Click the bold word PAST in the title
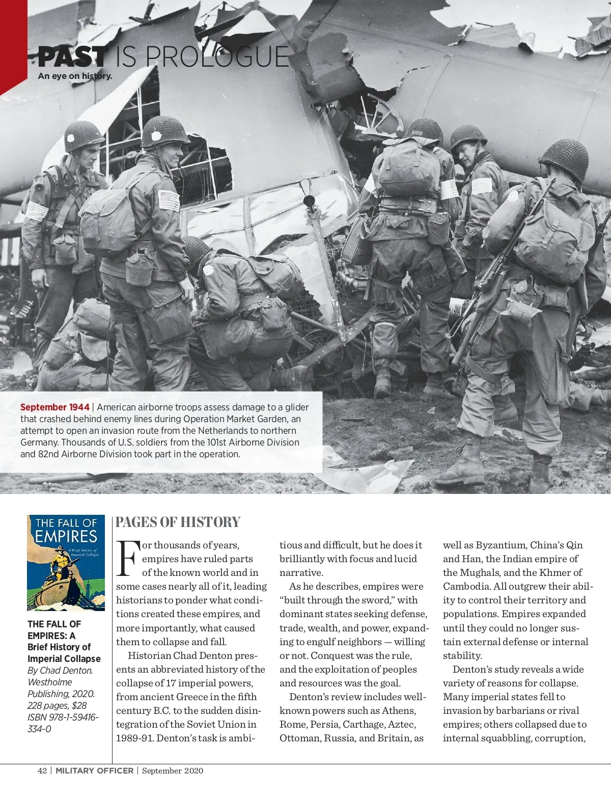73,57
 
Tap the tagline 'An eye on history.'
75,76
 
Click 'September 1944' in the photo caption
55,407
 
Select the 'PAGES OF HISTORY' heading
178,522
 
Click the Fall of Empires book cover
66,563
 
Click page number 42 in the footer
42,770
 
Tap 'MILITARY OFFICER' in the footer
94,770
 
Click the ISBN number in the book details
63,723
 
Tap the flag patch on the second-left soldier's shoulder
169,200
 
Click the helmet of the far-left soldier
83,135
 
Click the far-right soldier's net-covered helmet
565,158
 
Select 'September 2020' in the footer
173,770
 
